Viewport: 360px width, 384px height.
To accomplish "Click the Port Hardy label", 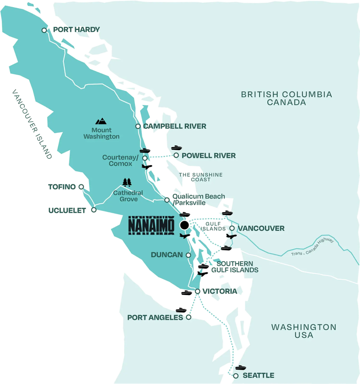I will tap(76, 30).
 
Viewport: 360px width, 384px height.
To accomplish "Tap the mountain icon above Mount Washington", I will tap(101, 121).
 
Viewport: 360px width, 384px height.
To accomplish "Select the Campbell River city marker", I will tap(138, 126).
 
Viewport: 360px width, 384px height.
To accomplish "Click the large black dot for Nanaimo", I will tap(184, 225).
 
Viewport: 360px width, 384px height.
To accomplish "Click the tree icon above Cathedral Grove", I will tap(127, 182).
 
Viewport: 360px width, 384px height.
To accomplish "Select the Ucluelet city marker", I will tap(94, 210).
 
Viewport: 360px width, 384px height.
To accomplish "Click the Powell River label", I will tap(208, 156).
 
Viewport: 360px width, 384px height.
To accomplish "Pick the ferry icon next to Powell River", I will tap(176, 147).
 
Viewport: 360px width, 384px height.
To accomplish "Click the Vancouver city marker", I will tap(232, 228).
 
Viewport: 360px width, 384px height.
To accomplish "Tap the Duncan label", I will tap(166, 255).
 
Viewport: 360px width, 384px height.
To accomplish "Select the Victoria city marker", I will tap(198, 292).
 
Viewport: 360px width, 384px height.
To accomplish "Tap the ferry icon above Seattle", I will tap(241, 368).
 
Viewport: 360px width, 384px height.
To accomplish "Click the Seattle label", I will tap(258, 375).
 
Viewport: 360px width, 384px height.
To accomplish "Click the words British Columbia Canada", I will tap(286, 98).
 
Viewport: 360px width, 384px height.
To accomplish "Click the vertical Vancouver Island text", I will tap(31, 123).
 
